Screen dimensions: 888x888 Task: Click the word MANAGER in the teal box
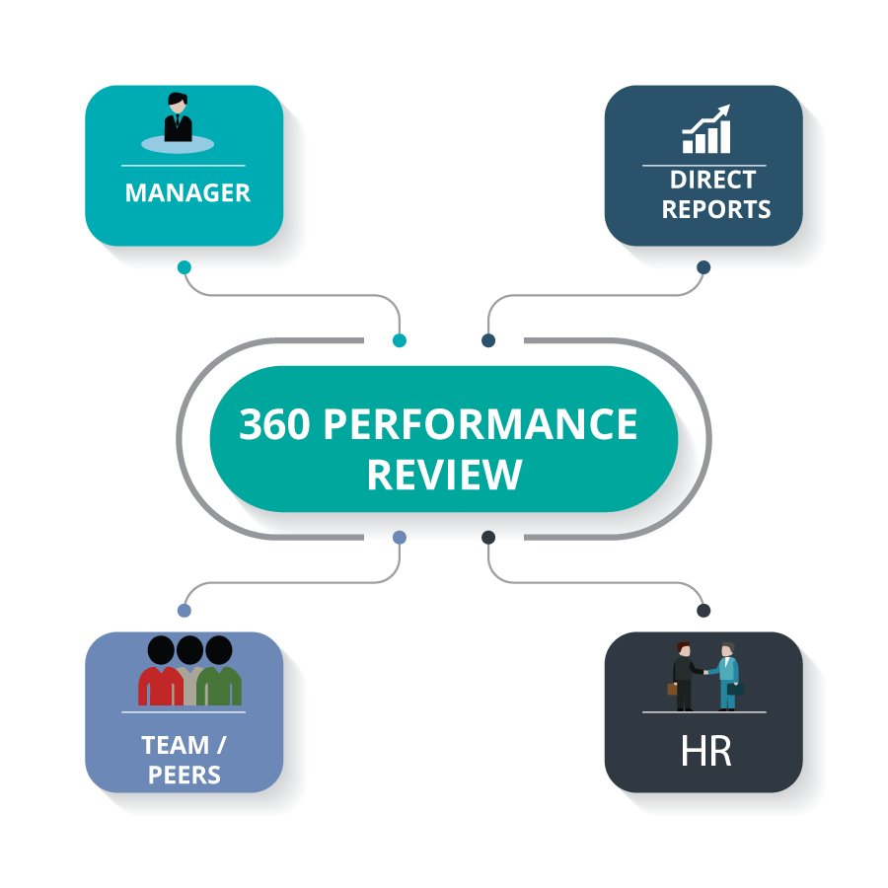point(187,192)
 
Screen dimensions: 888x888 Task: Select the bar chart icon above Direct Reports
point(706,131)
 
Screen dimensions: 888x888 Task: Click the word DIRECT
point(712,180)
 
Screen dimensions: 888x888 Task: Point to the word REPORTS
point(716,209)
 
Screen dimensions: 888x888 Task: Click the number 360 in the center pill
point(274,425)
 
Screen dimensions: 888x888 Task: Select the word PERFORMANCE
point(481,425)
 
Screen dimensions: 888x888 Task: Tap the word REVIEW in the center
point(444,475)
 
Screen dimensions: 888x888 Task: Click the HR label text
point(705,751)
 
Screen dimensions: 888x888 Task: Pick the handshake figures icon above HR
point(704,676)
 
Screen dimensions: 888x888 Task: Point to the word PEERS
point(185,775)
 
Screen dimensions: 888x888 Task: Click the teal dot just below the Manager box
point(184,266)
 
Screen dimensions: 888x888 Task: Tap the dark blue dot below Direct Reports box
point(703,266)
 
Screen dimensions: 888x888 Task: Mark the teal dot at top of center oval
point(399,340)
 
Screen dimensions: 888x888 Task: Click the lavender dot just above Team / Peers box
point(184,610)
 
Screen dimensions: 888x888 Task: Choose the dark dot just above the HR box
point(703,610)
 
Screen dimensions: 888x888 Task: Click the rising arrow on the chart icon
point(712,115)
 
